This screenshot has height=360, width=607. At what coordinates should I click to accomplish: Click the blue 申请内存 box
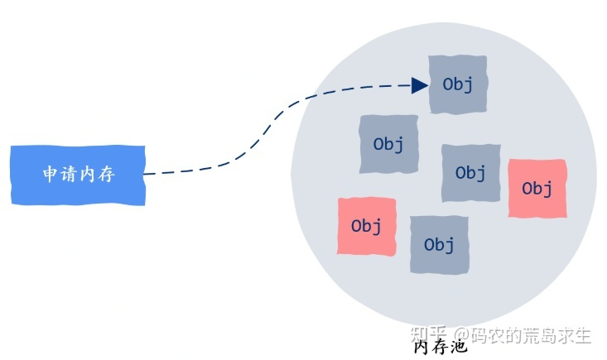click(78, 175)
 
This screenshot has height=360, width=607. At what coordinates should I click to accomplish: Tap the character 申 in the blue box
click(51, 175)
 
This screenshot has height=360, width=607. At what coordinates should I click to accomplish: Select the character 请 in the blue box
click(69, 175)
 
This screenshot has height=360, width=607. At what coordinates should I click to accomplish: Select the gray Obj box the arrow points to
click(458, 84)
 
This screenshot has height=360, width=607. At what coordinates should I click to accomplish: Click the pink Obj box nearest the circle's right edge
click(537, 189)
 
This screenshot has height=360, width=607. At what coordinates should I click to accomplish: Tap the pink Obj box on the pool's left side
click(366, 225)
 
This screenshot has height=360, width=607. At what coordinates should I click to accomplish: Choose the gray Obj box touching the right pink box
click(470, 173)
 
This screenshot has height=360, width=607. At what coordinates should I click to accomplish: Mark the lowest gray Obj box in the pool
click(439, 245)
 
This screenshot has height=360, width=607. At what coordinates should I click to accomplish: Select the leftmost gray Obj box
click(388, 144)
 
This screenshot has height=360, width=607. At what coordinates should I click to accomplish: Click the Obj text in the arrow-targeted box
click(458, 84)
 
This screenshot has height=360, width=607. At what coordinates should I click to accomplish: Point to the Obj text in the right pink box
click(537, 189)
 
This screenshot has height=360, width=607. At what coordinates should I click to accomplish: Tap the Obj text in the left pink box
click(366, 226)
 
